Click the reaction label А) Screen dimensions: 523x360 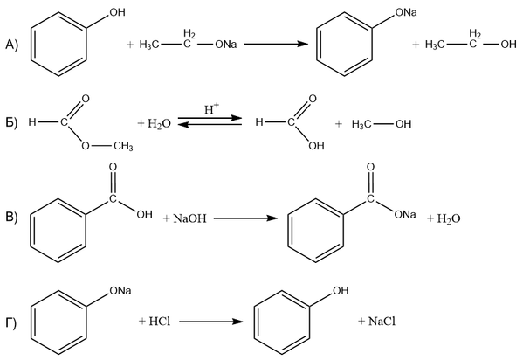(11, 45)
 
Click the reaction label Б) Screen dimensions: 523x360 (11, 123)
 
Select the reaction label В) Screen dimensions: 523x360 (11, 217)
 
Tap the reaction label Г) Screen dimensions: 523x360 (11, 323)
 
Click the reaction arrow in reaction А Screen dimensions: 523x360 (276, 44)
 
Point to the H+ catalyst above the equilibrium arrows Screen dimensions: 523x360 (211, 109)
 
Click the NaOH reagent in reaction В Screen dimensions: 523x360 (189, 218)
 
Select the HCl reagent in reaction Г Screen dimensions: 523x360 (160, 322)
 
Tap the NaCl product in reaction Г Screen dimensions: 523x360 (382, 322)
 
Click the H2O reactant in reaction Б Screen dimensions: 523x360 (159, 124)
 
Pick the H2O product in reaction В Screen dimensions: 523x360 (449, 218)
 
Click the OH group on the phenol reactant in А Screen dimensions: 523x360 (117, 12)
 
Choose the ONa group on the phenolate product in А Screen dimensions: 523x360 (406, 13)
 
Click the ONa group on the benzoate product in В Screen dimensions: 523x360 (405, 214)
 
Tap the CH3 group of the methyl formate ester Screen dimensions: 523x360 (123, 146)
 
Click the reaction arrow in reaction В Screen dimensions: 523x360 (245, 218)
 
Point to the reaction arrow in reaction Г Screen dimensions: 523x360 (210, 322)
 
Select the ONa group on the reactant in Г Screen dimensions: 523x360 (120, 291)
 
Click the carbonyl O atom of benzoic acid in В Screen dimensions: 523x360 (114, 167)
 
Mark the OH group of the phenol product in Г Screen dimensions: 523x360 (341, 291)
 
